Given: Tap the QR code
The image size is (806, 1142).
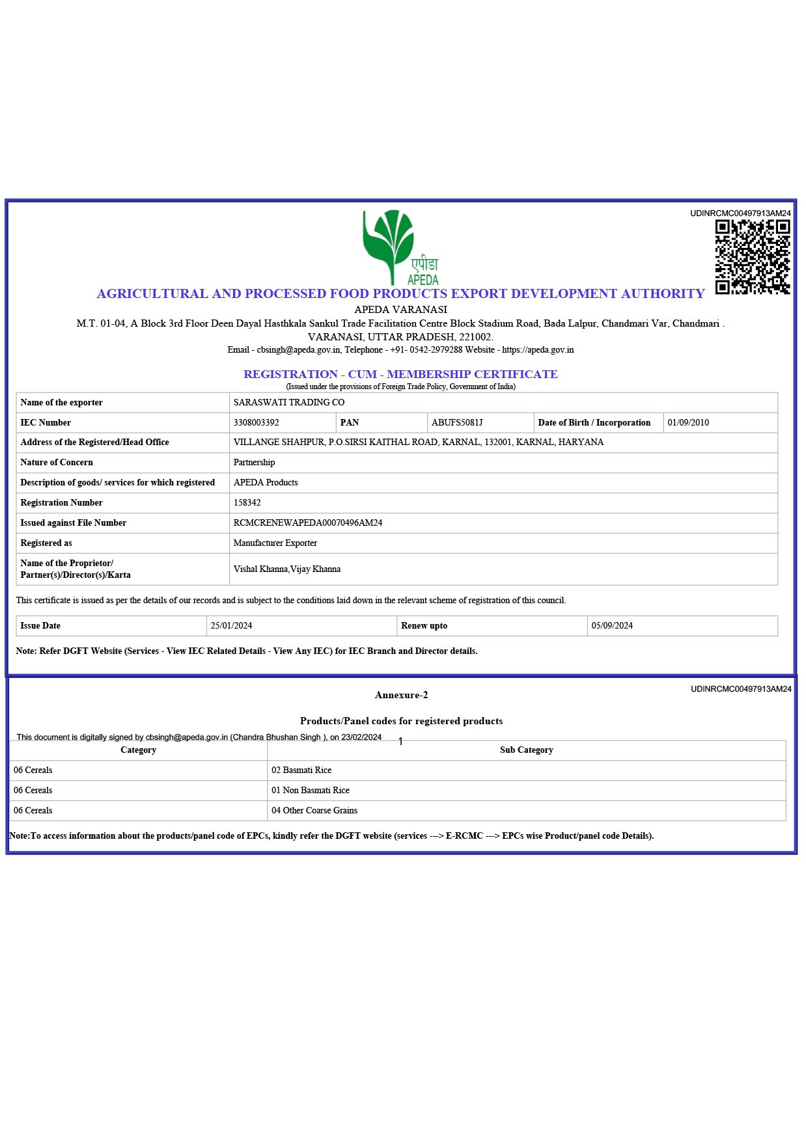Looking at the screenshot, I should [x=752, y=257].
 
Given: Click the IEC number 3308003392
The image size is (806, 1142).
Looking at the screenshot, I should [x=257, y=423].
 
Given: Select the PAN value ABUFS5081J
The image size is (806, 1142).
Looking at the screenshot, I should [x=457, y=423].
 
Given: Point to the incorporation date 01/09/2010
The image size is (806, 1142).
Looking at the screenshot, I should [x=688, y=423].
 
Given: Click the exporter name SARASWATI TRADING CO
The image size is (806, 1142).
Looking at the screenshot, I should [x=289, y=403].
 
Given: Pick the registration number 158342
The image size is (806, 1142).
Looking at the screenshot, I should [x=247, y=503].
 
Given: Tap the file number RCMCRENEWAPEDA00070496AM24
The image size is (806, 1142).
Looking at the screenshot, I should [x=308, y=523].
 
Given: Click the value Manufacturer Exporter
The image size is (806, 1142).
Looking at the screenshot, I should [x=275, y=543].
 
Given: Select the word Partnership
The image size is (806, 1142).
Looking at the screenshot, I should [x=255, y=463].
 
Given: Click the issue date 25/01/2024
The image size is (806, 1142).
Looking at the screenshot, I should [x=231, y=626].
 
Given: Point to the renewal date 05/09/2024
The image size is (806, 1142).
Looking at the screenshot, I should [x=612, y=626].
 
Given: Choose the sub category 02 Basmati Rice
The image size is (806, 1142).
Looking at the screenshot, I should [x=301, y=770].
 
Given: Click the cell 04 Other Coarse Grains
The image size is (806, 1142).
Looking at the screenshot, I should [x=314, y=811].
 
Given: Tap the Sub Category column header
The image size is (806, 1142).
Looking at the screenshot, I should [x=526, y=750].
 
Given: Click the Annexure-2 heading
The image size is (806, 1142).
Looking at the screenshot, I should [x=401, y=696].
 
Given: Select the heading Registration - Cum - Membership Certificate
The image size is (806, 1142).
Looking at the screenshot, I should [x=400, y=375].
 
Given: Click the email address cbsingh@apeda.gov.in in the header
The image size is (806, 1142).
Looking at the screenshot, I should [x=298, y=350].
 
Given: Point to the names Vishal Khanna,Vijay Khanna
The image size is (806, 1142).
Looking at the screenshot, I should [x=287, y=569].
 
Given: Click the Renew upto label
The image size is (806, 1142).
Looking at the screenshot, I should [x=424, y=626].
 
